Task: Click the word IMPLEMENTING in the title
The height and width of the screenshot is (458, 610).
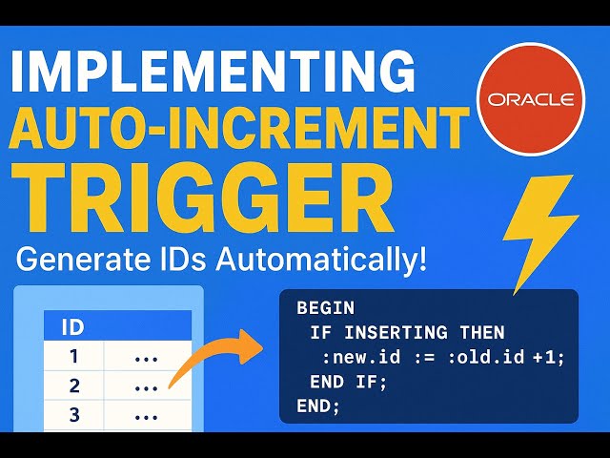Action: coord(215,72)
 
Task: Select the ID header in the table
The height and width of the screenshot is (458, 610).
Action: coord(72,328)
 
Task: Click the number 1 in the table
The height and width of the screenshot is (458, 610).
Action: coord(73,358)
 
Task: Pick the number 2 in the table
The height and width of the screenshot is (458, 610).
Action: coord(73,387)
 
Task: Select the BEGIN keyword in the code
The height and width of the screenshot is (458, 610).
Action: coord(325,308)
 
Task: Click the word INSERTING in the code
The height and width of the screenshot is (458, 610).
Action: coord(393,333)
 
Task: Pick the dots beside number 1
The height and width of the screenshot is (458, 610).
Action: coord(146,358)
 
